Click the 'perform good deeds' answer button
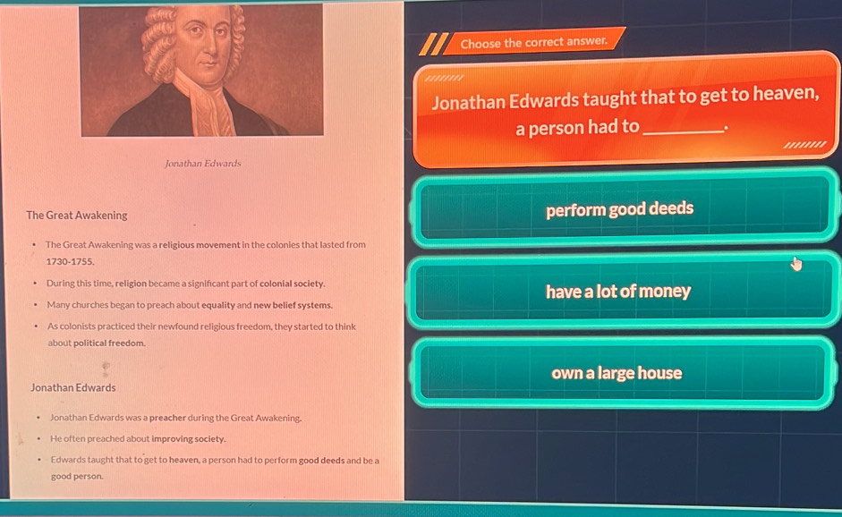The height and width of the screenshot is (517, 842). [x=620, y=209]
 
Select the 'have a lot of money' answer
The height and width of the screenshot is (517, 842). [x=618, y=292]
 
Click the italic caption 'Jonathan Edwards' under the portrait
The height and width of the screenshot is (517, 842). [x=203, y=164]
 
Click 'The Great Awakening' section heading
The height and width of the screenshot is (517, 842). [x=77, y=216]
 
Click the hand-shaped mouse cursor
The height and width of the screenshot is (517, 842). [x=795, y=263]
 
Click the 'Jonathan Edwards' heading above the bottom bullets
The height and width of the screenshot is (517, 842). [x=73, y=388]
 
